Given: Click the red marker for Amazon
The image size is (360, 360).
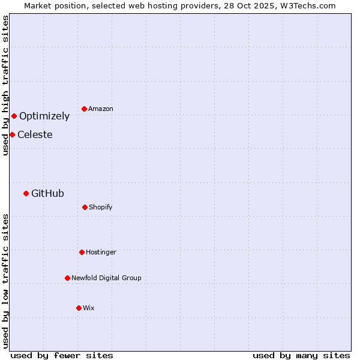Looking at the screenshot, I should pos(84,109).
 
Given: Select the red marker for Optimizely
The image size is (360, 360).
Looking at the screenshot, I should pos(14,116).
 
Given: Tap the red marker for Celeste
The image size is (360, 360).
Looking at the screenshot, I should pos(12,134).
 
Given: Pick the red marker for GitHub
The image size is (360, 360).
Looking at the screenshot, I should pos(26,193).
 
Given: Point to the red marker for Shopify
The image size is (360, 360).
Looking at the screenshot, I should pos(85,207).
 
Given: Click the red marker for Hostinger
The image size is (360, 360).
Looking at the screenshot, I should pos(82,252).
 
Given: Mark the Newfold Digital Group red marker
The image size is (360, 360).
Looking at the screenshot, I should pos(67,278).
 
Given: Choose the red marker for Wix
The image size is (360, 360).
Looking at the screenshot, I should pos(79,308).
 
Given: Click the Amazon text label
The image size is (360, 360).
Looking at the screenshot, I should pos(101,109).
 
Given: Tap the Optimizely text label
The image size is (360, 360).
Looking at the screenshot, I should pos(44,116).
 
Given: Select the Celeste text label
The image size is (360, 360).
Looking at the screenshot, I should pos(35,134).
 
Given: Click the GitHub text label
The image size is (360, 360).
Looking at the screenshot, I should pos(47,193).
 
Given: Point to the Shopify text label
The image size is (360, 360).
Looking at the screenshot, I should pos(101,207).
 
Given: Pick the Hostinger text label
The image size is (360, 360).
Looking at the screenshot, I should pos(101,252).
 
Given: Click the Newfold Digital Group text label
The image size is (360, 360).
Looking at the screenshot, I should pos(106,278).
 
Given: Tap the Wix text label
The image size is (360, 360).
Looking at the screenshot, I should pos(89,308).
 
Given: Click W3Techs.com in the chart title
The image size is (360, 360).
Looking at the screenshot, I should pos(307,5).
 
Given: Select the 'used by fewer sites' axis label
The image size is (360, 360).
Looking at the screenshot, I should pos(62,355).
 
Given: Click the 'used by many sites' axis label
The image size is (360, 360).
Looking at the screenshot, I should pos(301,355).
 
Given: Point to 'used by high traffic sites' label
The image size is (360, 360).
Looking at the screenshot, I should pos(5,85).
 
